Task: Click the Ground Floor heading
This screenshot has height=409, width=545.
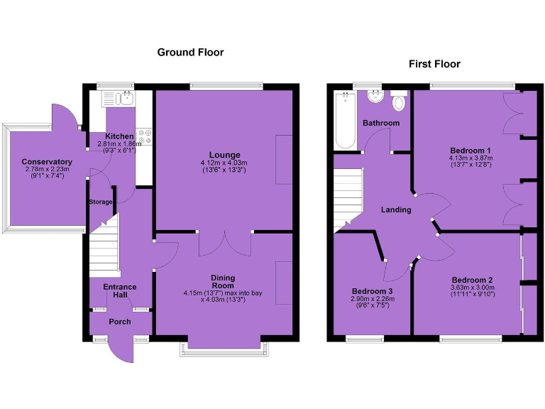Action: pyautogui.click(x=190, y=52)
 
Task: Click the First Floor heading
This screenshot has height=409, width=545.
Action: pyautogui.click(x=434, y=64)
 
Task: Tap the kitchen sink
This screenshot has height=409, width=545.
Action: pyautogui.click(x=127, y=99)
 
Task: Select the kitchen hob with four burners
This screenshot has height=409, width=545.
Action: pyautogui.click(x=146, y=136)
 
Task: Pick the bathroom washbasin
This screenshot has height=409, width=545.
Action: pyautogui.click(x=374, y=98)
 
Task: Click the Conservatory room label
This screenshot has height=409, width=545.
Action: pyautogui.click(x=47, y=162)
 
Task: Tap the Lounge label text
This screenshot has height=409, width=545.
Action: pyautogui.click(x=224, y=155)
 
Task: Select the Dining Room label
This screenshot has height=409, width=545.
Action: pyautogui.click(x=223, y=282)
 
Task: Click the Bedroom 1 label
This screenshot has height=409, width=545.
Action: pyautogui.click(x=470, y=151)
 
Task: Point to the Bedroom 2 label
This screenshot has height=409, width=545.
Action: pyautogui.click(x=471, y=280)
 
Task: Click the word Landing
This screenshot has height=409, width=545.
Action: pyautogui.click(x=396, y=209)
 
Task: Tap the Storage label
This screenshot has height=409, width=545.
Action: pyautogui.click(x=101, y=202)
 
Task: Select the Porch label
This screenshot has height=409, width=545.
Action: pyautogui.click(x=119, y=322)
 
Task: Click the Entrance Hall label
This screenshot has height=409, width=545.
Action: pyautogui.click(x=119, y=291)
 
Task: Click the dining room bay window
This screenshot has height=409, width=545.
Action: pyautogui.click(x=224, y=347)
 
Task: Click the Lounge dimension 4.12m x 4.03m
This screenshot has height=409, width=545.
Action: pyautogui.click(x=224, y=163)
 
